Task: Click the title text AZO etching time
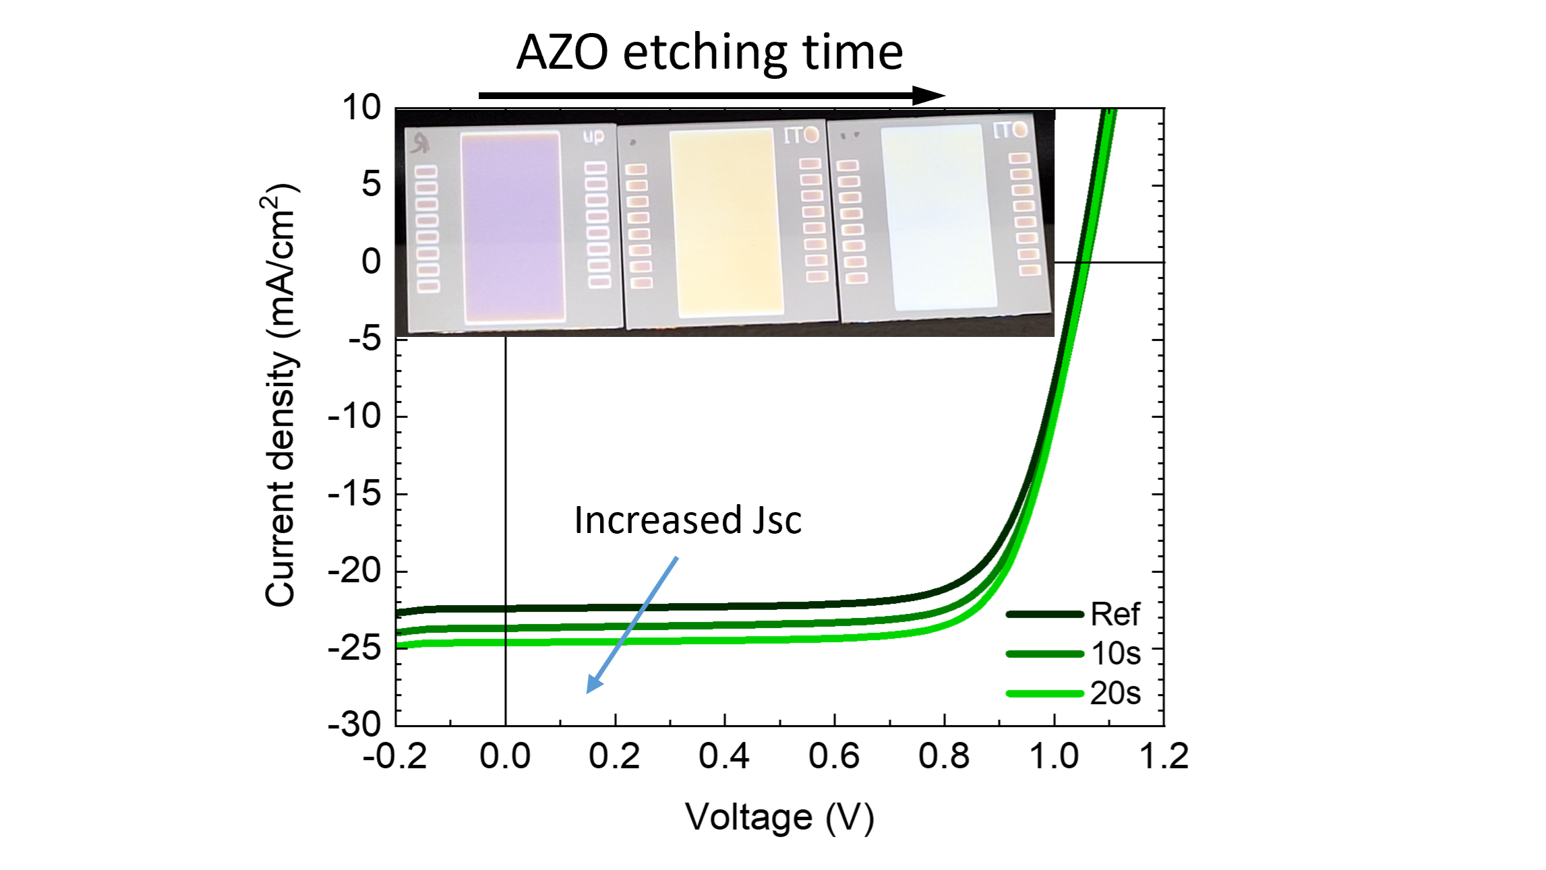click(x=709, y=53)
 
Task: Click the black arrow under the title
click(x=711, y=96)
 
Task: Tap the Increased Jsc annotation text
click(x=688, y=520)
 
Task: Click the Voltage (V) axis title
click(x=779, y=817)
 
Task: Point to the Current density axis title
click(x=280, y=395)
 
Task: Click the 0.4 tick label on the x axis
click(x=724, y=756)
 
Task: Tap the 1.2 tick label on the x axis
click(x=1164, y=756)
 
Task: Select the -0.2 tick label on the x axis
click(x=395, y=756)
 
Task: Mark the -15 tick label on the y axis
click(x=355, y=494)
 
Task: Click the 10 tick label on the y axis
click(x=362, y=108)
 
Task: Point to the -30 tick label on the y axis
click(x=355, y=725)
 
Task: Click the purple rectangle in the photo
click(x=512, y=226)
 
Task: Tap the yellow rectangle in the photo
click(x=726, y=222)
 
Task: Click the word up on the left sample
click(x=593, y=137)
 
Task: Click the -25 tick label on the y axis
click(x=355, y=648)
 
